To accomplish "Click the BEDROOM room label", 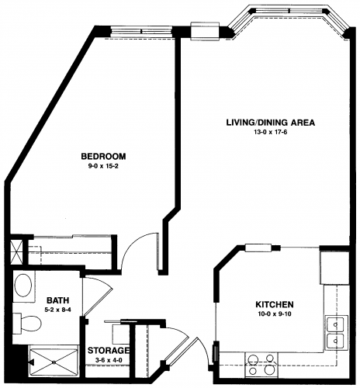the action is click(103, 157).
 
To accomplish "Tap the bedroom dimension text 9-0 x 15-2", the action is click(103, 167).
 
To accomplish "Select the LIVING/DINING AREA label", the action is click(271, 123).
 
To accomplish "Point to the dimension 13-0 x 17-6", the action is click(271, 133).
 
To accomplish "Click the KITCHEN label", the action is click(275, 304).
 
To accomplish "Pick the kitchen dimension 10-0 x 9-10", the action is click(275, 314).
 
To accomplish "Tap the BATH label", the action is click(57, 300).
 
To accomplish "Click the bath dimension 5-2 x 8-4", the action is click(57, 309).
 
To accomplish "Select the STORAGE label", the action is click(109, 351).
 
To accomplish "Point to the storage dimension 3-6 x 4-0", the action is click(109, 359).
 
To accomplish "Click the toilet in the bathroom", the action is click(27, 324).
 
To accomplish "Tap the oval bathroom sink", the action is click(23, 286).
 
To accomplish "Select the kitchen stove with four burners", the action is click(261, 365).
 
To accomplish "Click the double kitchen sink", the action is click(336, 333).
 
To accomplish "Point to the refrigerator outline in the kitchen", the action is click(334, 268).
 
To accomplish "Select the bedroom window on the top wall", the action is click(141, 32).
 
